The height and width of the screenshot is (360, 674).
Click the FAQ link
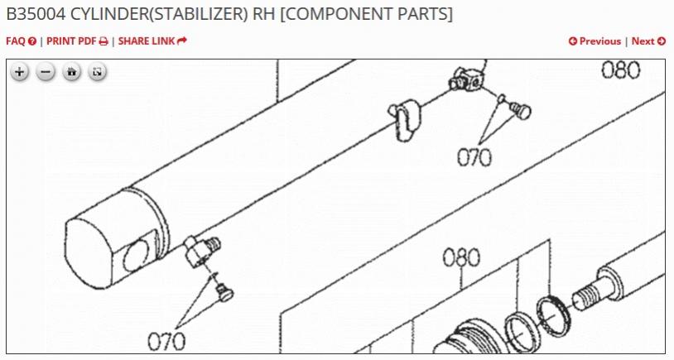click(21, 41)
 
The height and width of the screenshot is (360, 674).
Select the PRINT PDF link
click(77, 41)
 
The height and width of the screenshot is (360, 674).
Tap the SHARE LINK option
click(152, 41)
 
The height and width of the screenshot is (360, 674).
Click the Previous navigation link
click(595, 41)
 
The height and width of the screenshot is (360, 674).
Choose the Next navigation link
click(648, 41)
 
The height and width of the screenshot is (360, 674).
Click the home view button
click(71, 72)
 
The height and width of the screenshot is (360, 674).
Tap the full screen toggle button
click(97, 72)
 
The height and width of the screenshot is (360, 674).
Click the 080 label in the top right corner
click(620, 70)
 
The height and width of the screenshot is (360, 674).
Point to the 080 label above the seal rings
click(461, 257)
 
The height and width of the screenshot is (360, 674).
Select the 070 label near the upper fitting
click(474, 157)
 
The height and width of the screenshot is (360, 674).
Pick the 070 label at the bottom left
click(166, 341)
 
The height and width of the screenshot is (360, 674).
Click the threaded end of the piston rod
click(585, 296)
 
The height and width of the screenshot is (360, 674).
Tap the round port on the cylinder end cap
click(136, 256)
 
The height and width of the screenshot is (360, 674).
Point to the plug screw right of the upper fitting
click(520, 111)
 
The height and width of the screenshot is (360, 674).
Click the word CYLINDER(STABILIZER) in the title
click(159, 14)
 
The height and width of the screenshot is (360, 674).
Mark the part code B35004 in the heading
click(36, 14)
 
